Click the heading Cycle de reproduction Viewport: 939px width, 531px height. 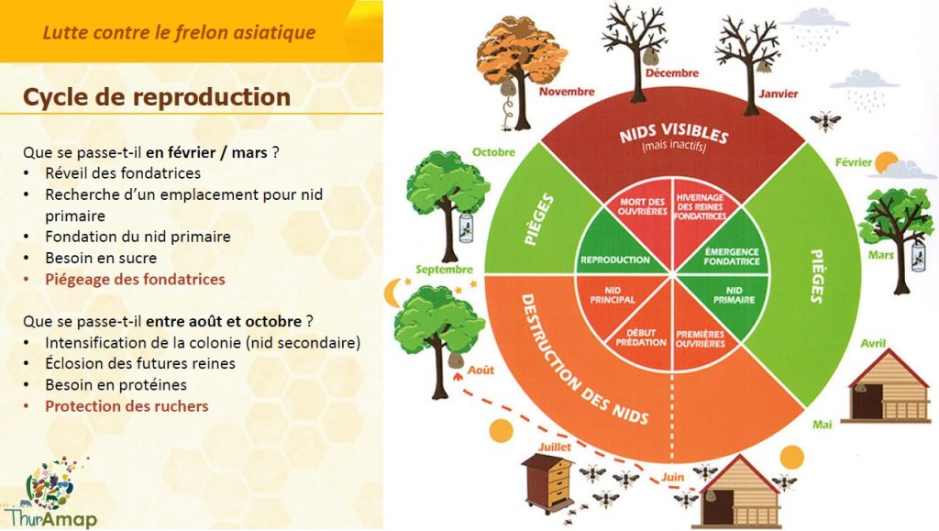tap(156, 97)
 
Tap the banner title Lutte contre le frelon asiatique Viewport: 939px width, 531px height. tap(179, 33)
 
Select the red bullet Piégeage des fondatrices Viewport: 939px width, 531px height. tap(135, 279)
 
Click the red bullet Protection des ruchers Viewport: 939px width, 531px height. tap(127, 405)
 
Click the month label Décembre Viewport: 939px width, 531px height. tap(671, 72)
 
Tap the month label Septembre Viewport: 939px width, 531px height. tap(443, 270)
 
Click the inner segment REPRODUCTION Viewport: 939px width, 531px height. tap(615, 260)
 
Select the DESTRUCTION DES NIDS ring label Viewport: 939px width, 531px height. tap(577, 359)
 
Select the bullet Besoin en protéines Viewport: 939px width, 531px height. tap(116, 384)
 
